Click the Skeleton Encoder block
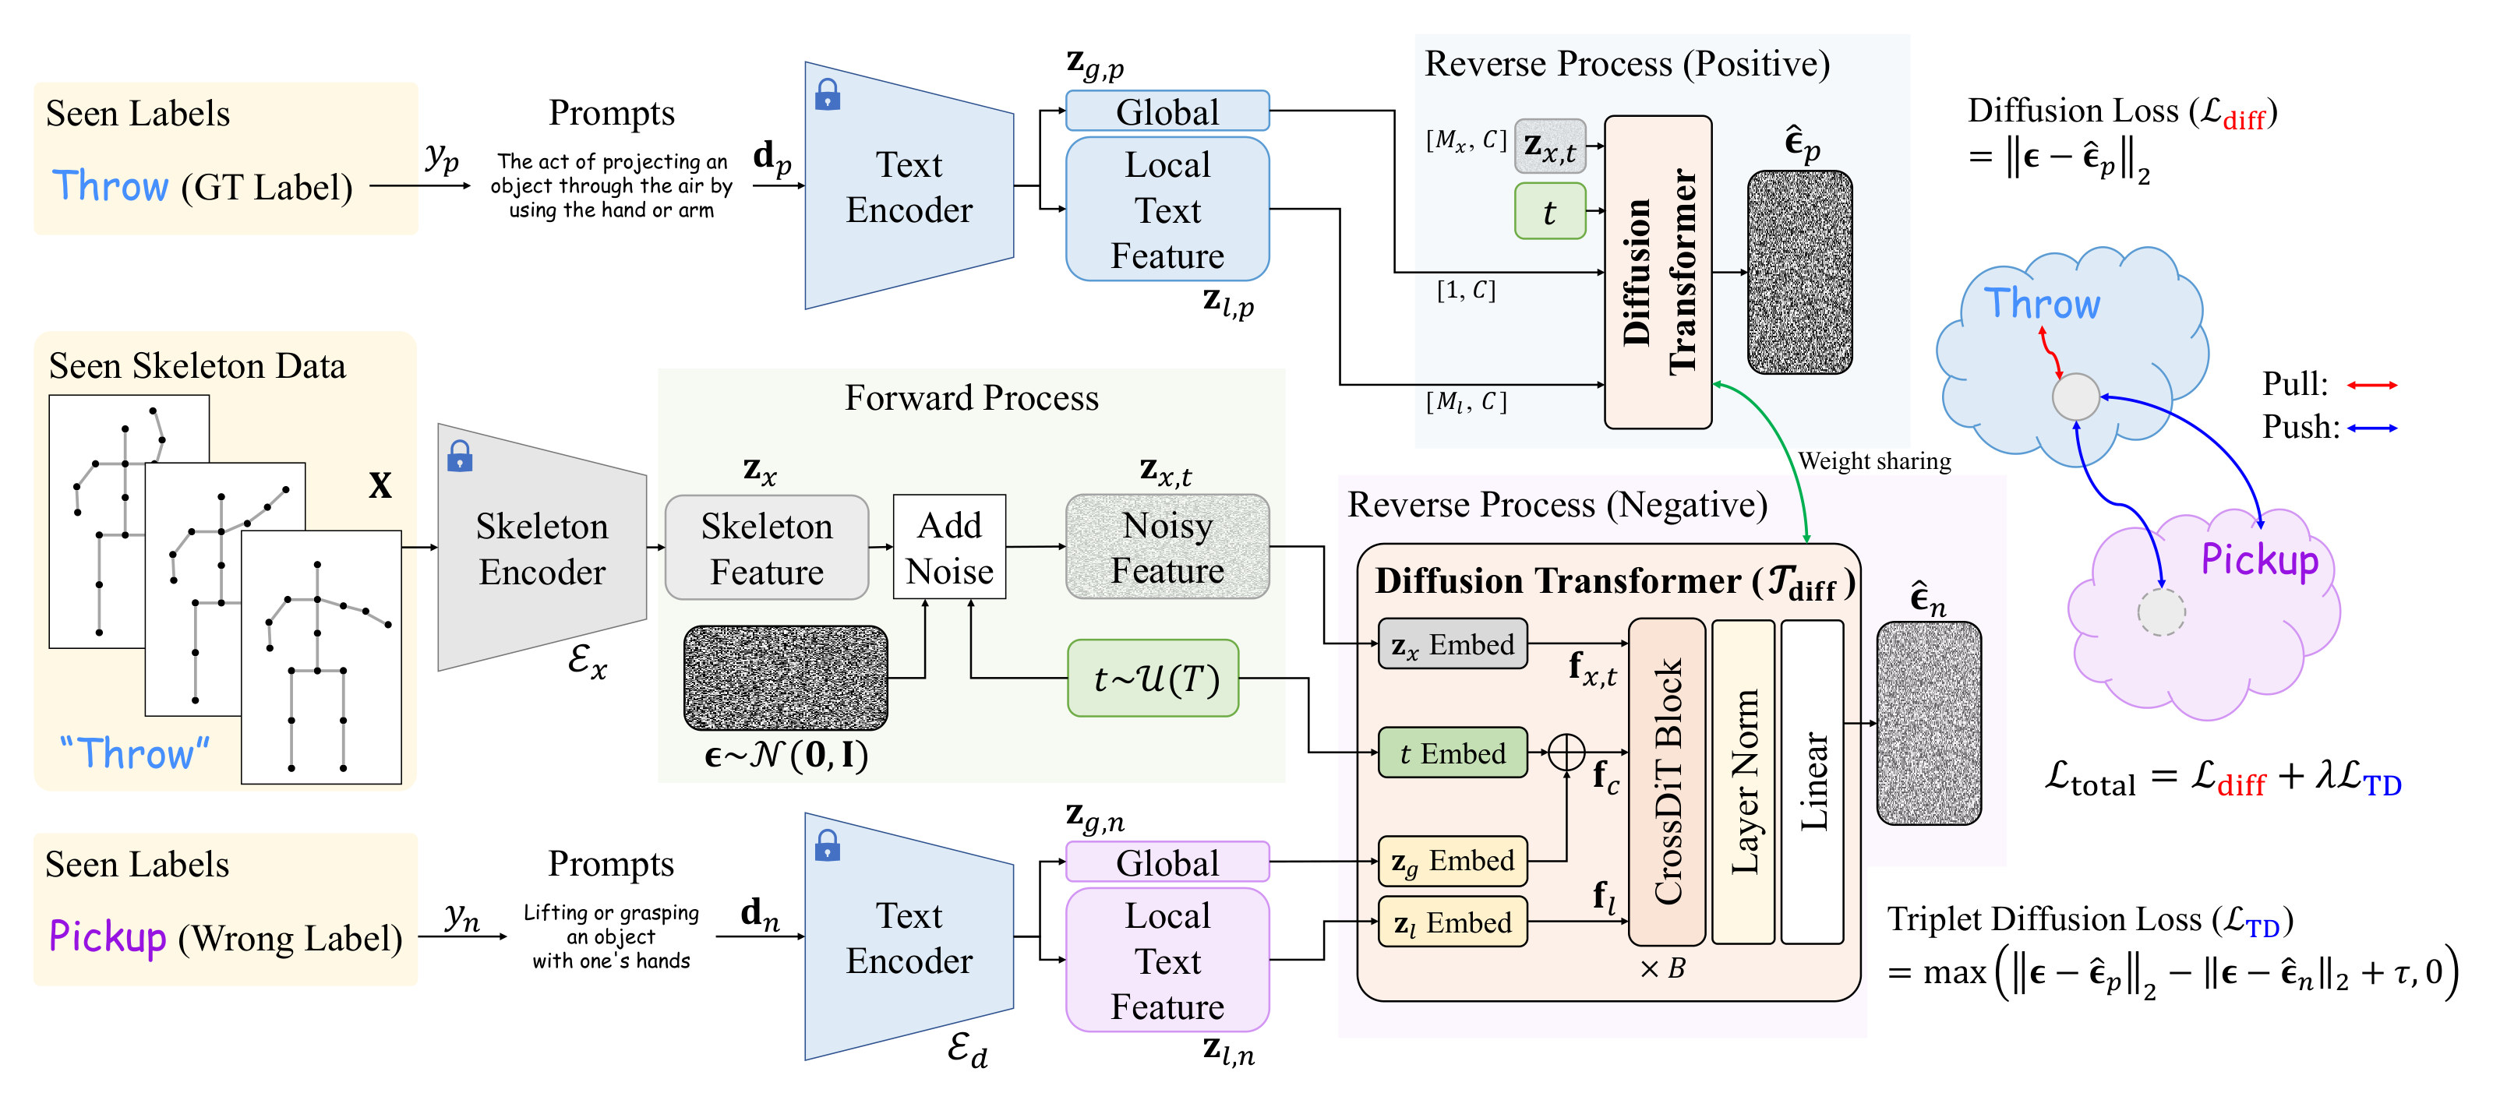[x=542, y=548]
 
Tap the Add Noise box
[x=949, y=548]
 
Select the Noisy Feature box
[x=1167, y=548]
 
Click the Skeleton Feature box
[x=767, y=548]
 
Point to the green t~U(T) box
[x=1153, y=679]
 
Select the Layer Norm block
[x=1743, y=781]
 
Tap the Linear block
[x=1813, y=781]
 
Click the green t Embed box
[x=1453, y=753]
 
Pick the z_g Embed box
[x=1453, y=861]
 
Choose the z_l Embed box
[x=1453, y=922]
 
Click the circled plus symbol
[x=1566, y=753]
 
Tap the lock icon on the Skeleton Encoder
[x=460, y=456]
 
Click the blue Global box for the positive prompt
[x=1167, y=111]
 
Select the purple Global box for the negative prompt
[x=1167, y=862]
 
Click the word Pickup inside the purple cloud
[x=2260, y=560]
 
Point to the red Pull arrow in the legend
[x=2372, y=385]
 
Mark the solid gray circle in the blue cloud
[x=2076, y=397]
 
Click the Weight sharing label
[x=1874, y=461]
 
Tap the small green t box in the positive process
[x=1549, y=211]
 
